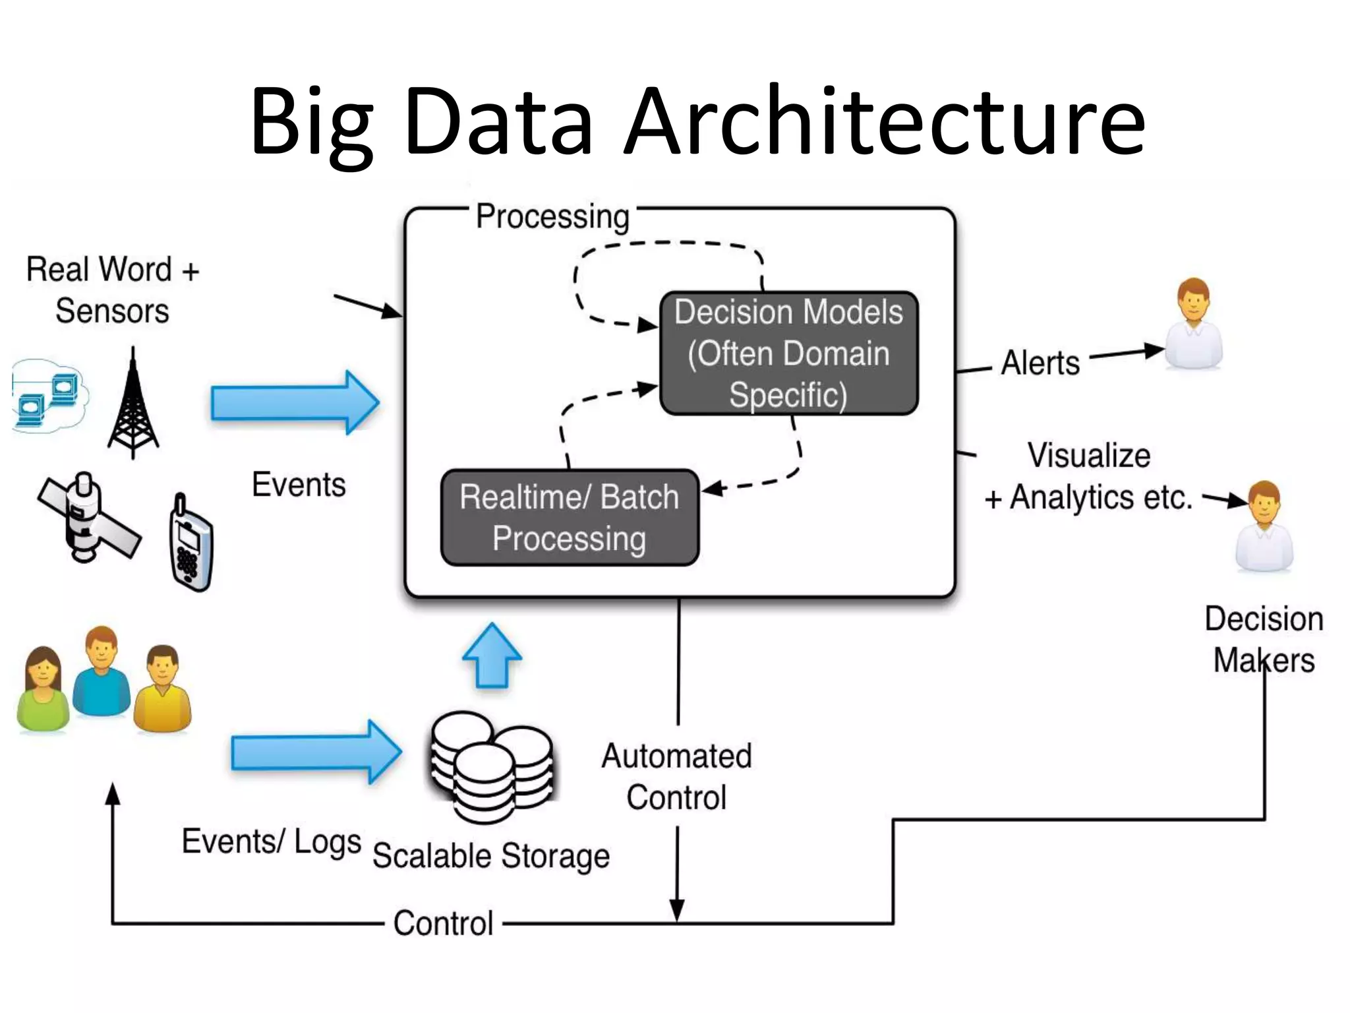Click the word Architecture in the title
(885, 122)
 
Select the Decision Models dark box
(788, 353)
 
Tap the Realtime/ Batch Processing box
(570, 518)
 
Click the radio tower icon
(133, 404)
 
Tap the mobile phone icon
(191, 544)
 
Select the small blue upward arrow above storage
(492, 656)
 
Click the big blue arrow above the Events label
(295, 402)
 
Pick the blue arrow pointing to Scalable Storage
(315, 752)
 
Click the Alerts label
(1040, 363)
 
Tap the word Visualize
(1089, 456)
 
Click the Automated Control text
(676, 777)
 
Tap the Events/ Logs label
(271, 842)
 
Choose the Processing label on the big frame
(552, 217)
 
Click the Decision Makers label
(1263, 639)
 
